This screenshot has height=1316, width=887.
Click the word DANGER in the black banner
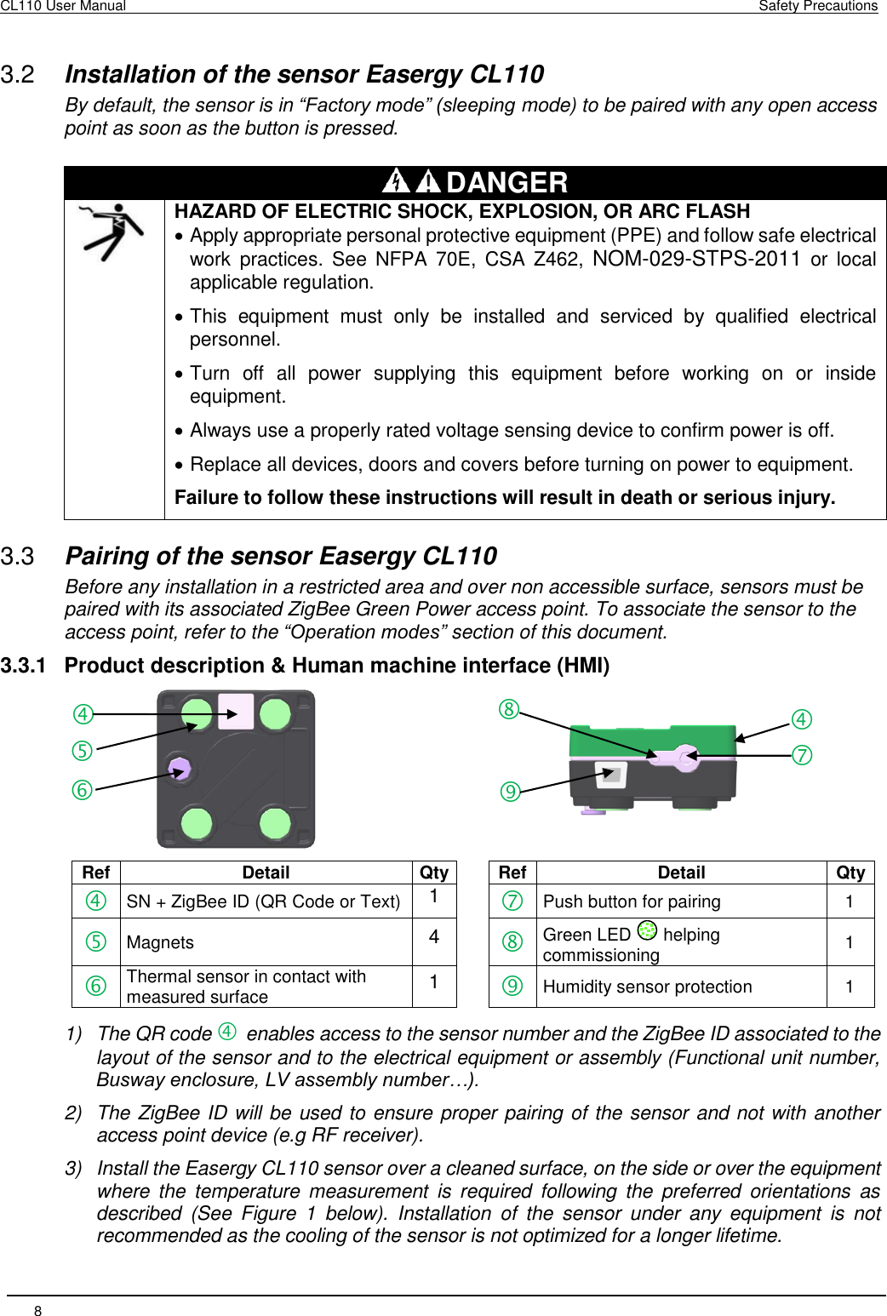point(506,182)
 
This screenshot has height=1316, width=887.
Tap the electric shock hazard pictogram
point(112,232)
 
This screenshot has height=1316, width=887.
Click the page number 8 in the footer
point(37,1310)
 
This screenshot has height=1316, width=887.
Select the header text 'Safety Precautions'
point(817,6)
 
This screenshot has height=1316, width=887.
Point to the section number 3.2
point(18,75)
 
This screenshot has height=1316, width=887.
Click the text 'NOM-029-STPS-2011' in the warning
point(695,259)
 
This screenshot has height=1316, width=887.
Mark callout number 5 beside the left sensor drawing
point(82,751)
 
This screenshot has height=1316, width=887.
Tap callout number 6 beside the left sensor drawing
point(82,790)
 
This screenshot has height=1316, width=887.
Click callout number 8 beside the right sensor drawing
point(509,709)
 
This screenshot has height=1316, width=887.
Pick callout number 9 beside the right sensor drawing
point(510,792)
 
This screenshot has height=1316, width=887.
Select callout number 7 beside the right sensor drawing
point(802,755)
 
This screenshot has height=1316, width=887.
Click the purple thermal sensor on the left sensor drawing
point(180,769)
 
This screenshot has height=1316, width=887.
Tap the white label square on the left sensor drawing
point(236,712)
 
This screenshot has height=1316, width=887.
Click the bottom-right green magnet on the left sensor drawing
point(275,823)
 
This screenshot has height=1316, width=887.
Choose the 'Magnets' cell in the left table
point(160,942)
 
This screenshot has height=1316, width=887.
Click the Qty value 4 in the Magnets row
point(434,937)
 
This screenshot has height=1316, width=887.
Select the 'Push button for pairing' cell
point(632,901)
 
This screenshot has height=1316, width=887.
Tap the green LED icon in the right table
point(647,932)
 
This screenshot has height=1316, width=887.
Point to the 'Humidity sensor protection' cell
point(647,987)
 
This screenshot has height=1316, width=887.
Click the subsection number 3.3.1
point(23,666)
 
